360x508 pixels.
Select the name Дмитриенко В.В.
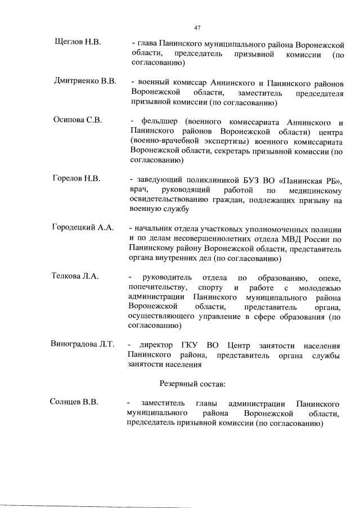coord(84,82)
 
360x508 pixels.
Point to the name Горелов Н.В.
coord(77,179)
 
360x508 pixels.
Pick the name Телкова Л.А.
coord(75,276)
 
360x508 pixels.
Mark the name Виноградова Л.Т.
coord(83,345)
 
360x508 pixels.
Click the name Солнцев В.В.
coord(74,403)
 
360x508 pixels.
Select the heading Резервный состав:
coord(192,384)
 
